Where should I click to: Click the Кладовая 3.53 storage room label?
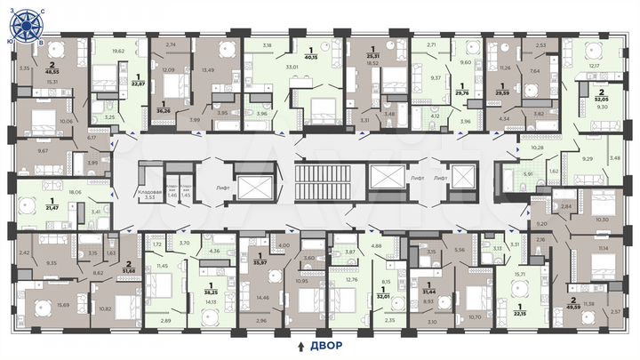tap(148, 196)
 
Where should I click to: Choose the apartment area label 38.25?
tap(212, 291)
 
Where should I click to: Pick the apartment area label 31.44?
tap(428, 292)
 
